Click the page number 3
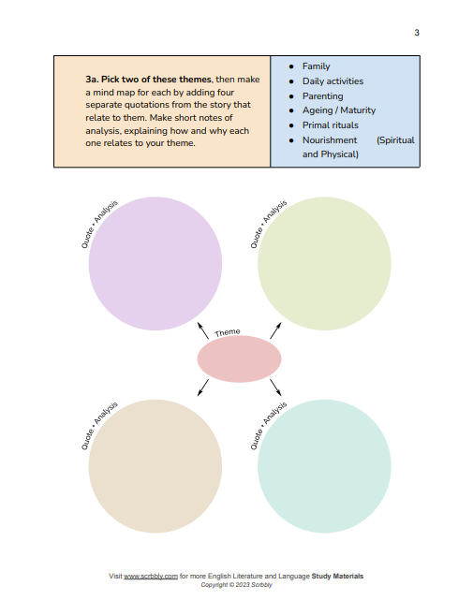[417, 33]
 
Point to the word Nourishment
[330, 140]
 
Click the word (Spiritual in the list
[395, 140]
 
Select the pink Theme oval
[239, 359]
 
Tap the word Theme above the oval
[228, 332]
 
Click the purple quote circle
[155, 264]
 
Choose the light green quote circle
[324, 264]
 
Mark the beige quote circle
[155, 466]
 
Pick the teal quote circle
[324, 466]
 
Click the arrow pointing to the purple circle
[203, 330]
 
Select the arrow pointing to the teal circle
[275, 388]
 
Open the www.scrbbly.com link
[151, 577]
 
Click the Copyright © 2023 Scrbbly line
[236, 585]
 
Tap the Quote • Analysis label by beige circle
[99, 426]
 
